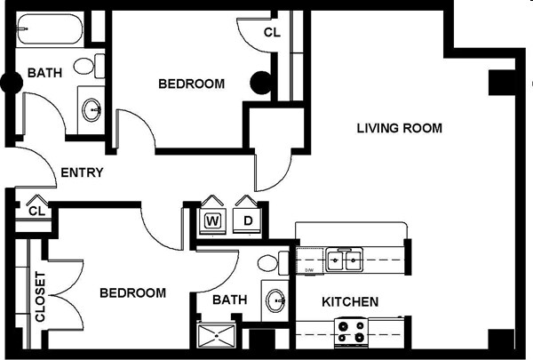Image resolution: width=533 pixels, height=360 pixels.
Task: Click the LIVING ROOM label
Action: [x=399, y=128]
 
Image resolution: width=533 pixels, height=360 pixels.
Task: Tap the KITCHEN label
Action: [x=349, y=302]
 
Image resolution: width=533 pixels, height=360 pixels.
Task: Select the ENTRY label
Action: [x=82, y=173]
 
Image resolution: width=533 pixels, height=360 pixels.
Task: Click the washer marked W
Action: [x=213, y=220]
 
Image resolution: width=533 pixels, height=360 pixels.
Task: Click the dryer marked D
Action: [x=248, y=220]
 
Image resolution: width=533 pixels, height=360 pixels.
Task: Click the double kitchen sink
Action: [x=344, y=260]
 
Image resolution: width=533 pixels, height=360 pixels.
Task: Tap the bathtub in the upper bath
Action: [x=50, y=32]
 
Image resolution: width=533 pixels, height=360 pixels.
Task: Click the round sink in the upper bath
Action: [x=92, y=110]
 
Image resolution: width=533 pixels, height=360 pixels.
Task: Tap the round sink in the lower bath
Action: [x=275, y=300]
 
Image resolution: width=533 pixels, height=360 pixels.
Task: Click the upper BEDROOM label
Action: [x=191, y=84]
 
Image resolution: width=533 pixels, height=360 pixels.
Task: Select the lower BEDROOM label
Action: [x=132, y=292]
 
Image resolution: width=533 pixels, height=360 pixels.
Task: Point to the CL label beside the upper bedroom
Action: [x=272, y=33]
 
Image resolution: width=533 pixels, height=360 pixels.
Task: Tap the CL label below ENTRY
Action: [x=36, y=212]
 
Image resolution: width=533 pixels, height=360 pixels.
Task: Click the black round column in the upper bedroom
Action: [x=260, y=84]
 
